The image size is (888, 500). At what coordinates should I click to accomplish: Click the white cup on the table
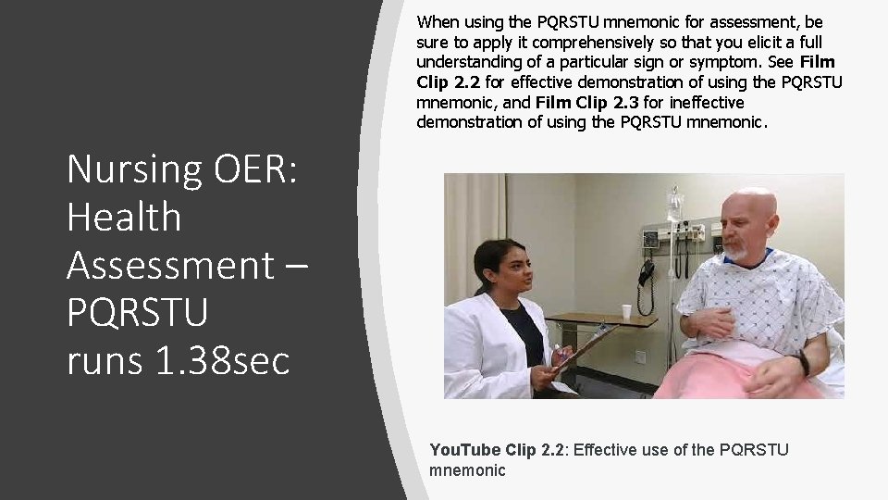click(x=626, y=311)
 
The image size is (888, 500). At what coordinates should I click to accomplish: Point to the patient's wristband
click(x=804, y=363)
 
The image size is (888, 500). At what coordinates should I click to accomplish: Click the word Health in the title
click(x=124, y=217)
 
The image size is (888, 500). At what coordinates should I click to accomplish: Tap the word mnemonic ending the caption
click(x=467, y=470)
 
